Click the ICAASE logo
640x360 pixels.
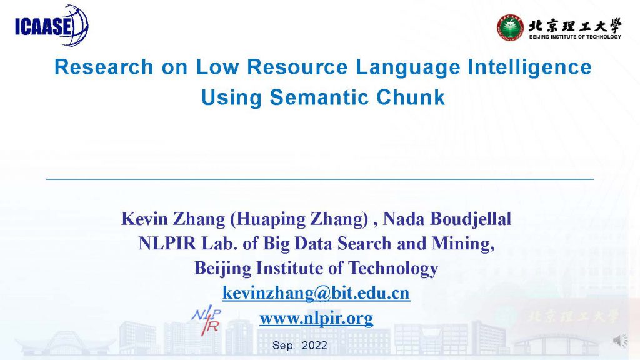(x=51, y=25)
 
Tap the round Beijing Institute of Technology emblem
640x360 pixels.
(x=510, y=27)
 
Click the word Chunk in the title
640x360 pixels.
(x=410, y=97)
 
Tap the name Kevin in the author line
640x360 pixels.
(x=145, y=219)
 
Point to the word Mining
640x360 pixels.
(x=463, y=244)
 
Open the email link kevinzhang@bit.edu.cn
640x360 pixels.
(x=316, y=293)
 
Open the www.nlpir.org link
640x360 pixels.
(x=316, y=318)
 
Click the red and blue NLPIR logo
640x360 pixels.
(x=206, y=319)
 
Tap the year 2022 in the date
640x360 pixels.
(x=315, y=345)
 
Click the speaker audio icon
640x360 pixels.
(x=621, y=341)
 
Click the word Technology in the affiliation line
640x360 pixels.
(x=393, y=269)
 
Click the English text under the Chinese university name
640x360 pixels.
(x=575, y=37)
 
